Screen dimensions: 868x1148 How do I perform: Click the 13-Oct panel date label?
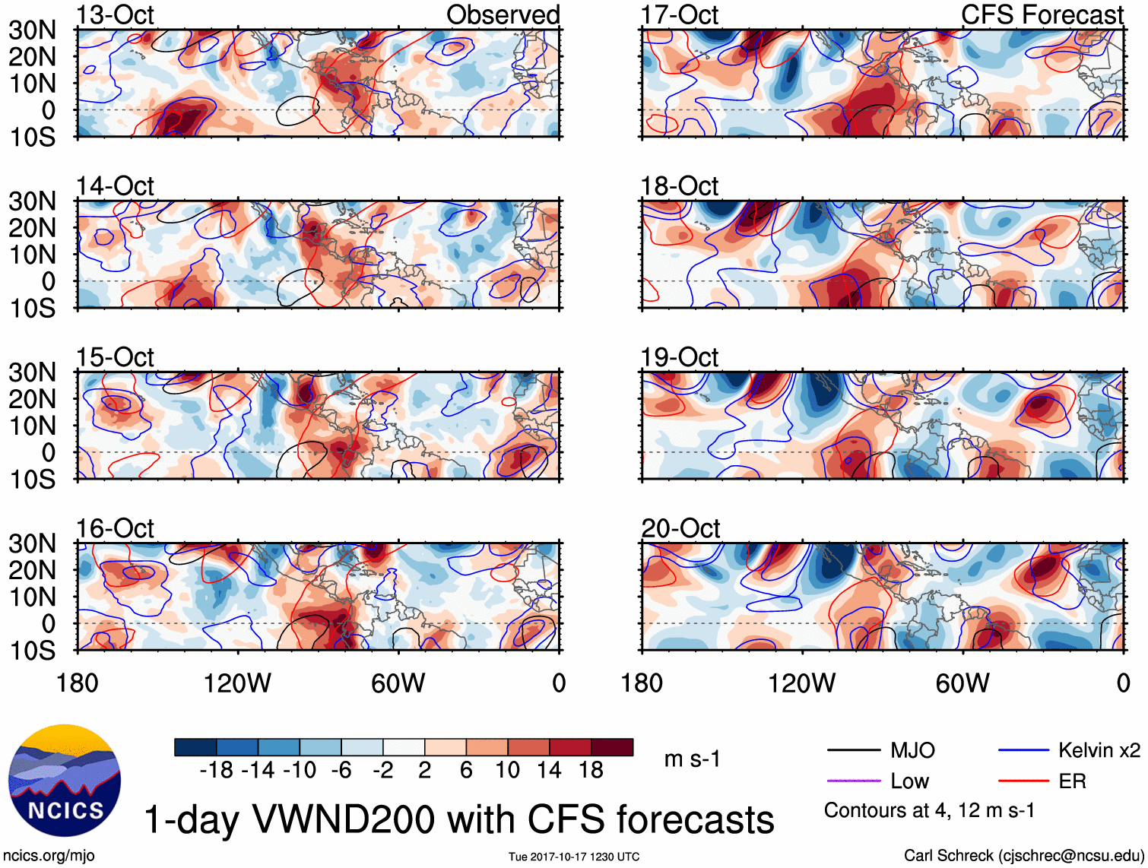pyautogui.click(x=115, y=14)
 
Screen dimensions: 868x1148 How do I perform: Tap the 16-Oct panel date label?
pyautogui.click(x=115, y=527)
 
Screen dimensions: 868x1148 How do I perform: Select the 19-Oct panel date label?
pyautogui.click(x=680, y=356)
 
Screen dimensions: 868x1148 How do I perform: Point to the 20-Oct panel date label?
pyautogui.click(x=680, y=527)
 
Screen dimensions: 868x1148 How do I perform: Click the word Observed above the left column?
pyautogui.click(x=503, y=14)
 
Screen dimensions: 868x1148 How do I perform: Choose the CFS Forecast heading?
pyautogui.click(x=1042, y=14)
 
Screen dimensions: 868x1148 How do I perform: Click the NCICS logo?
pyautogui.click(x=65, y=781)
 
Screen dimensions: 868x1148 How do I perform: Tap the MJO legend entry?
pyautogui.click(x=912, y=750)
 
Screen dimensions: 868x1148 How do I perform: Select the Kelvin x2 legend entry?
pyautogui.click(x=1099, y=750)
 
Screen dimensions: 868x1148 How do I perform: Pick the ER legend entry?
pyautogui.click(x=1072, y=781)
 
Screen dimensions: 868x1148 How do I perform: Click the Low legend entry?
pyautogui.click(x=909, y=781)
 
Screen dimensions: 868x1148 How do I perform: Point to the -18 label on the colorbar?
pyautogui.click(x=217, y=770)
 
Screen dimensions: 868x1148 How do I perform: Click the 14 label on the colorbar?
pyautogui.click(x=549, y=770)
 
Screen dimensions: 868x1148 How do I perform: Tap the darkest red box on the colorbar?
pyautogui.click(x=612, y=747)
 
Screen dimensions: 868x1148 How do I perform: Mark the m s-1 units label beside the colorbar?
pyautogui.click(x=692, y=759)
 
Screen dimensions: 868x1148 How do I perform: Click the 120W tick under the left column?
pyautogui.click(x=237, y=683)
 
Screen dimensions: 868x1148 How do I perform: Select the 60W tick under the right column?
pyautogui.click(x=962, y=683)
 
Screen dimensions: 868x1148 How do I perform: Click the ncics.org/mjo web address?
pyautogui.click(x=49, y=855)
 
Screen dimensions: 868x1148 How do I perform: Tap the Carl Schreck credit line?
pyautogui.click(x=1023, y=855)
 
